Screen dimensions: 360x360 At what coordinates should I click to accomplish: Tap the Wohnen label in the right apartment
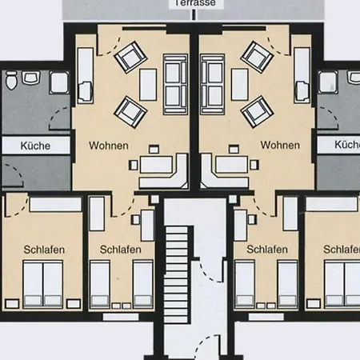point(280,146)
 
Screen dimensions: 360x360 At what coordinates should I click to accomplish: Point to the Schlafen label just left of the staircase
point(121,250)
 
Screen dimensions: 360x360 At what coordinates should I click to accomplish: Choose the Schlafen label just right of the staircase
point(267,250)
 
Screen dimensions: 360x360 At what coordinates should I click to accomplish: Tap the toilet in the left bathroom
point(10,82)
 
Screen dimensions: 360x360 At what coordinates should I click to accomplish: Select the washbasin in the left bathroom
point(31,78)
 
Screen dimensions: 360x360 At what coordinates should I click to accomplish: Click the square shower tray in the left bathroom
point(58,82)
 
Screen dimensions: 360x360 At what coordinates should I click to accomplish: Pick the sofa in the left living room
point(173,83)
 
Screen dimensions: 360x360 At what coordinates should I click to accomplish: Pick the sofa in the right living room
point(212,83)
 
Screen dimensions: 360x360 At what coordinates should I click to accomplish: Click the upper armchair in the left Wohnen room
point(129,57)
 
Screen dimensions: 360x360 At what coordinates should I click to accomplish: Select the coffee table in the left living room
point(148,83)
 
